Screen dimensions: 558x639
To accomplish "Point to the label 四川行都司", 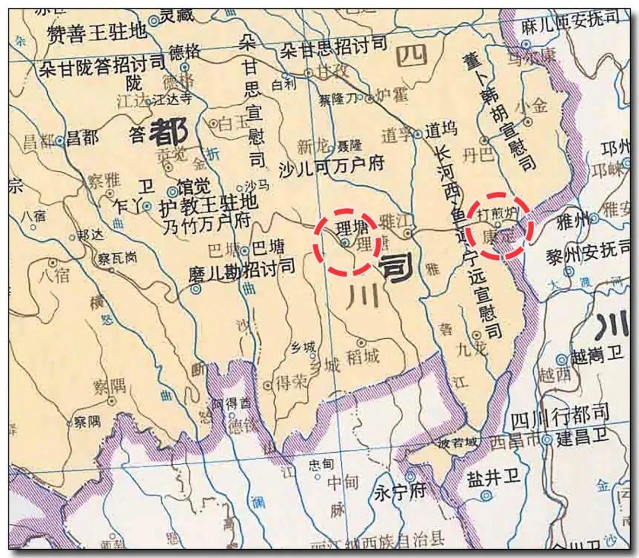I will point(559,420).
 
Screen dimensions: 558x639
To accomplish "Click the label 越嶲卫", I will point(597,357).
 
